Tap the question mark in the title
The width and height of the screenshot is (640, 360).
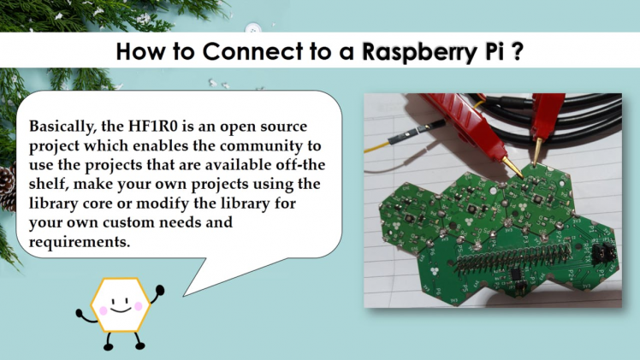pyautogui.click(x=519, y=52)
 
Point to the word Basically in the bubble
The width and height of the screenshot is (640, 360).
pyautogui.click(x=65, y=125)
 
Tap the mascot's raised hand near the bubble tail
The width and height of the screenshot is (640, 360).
pyautogui.click(x=159, y=291)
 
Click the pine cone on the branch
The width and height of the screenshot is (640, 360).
pyautogui.click(x=8, y=188)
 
